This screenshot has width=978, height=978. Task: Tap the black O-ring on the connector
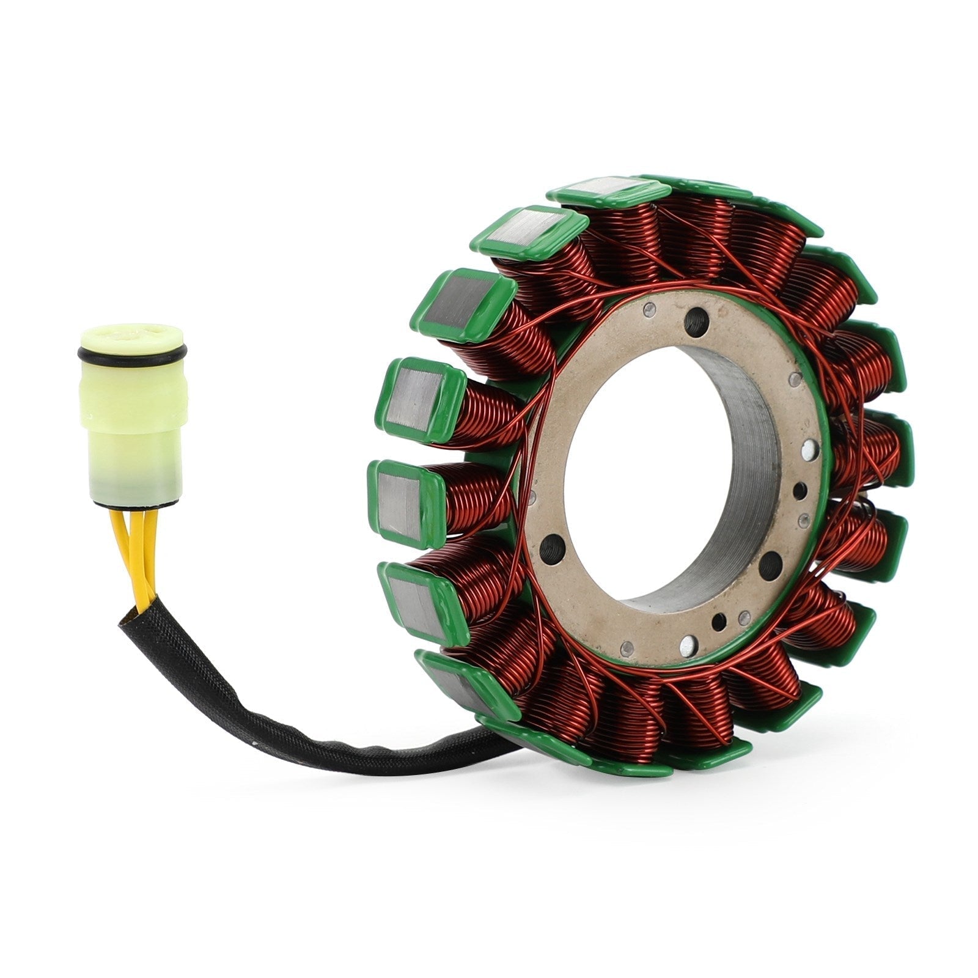coord(131,353)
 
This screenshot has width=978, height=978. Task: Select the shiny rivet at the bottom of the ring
coord(689,642)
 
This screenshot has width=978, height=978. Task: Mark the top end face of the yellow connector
coord(132,334)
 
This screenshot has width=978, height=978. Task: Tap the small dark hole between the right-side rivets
coord(798,490)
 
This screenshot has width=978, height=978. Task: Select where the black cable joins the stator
coord(489,749)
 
